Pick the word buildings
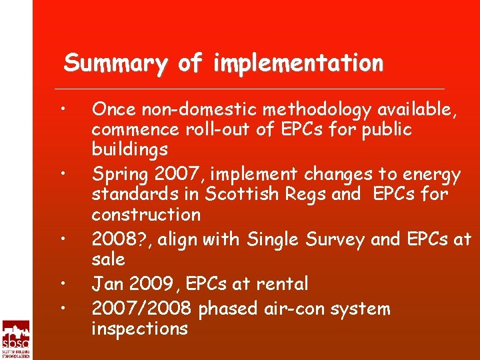(x=129, y=149)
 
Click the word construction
(x=146, y=214)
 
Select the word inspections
(x=139, y=329)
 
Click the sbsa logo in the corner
(x=15, y=339)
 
